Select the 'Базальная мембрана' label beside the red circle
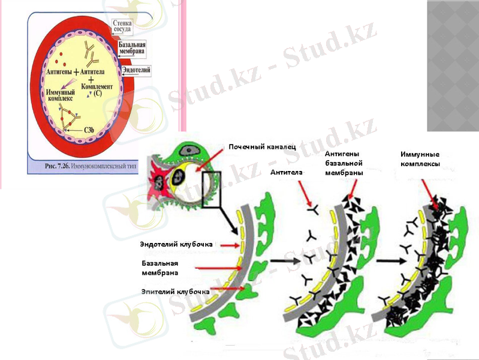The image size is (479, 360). [132, 48]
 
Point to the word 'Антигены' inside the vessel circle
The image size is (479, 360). [59, 71]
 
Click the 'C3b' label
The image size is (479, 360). [91, 130]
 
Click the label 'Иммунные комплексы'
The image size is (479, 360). [420, 159]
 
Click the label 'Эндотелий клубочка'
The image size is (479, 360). [176, 245]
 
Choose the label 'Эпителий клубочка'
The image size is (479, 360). [174, 292]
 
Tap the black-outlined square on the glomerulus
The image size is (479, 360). [213, 189]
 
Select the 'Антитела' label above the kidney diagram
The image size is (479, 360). [285, 172]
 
